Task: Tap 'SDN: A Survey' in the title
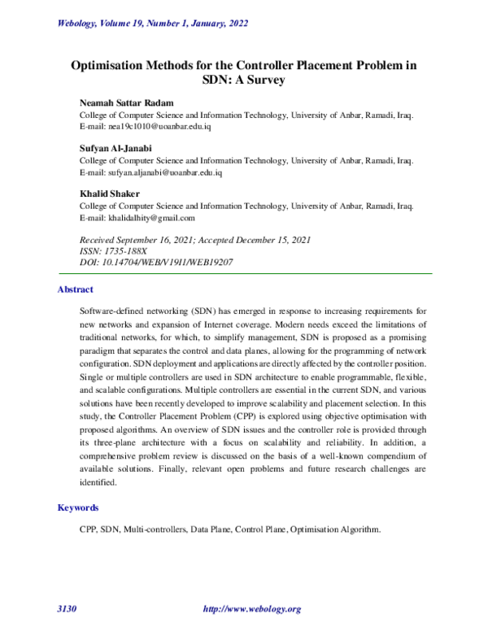244,81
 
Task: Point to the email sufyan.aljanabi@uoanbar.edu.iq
152,173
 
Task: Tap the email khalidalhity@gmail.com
137,218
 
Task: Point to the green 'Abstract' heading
76,289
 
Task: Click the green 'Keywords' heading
78,507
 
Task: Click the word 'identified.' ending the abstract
99,482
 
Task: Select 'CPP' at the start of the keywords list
89,529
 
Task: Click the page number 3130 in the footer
67,609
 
